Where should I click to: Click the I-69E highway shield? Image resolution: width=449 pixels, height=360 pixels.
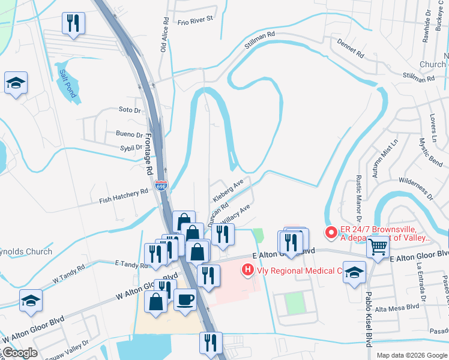point(160,186)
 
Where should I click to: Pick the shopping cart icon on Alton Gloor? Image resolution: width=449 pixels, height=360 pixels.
point(378,246)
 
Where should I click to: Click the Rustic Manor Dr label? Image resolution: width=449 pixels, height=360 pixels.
point(358,197)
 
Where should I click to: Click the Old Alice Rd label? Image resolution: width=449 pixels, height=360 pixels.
point(163,35)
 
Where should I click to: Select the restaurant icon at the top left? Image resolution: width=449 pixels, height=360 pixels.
point(73,23)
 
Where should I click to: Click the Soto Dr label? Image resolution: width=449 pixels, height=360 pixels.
point(129,110)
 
